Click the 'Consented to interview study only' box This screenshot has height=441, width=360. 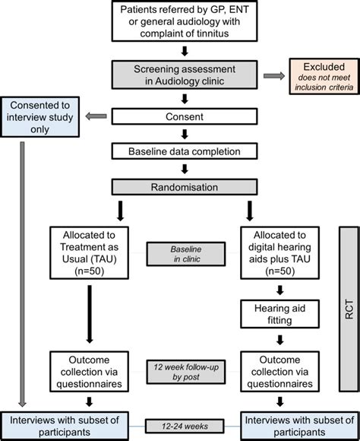[40, 116]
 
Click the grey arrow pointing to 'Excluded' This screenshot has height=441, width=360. [272, 76]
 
